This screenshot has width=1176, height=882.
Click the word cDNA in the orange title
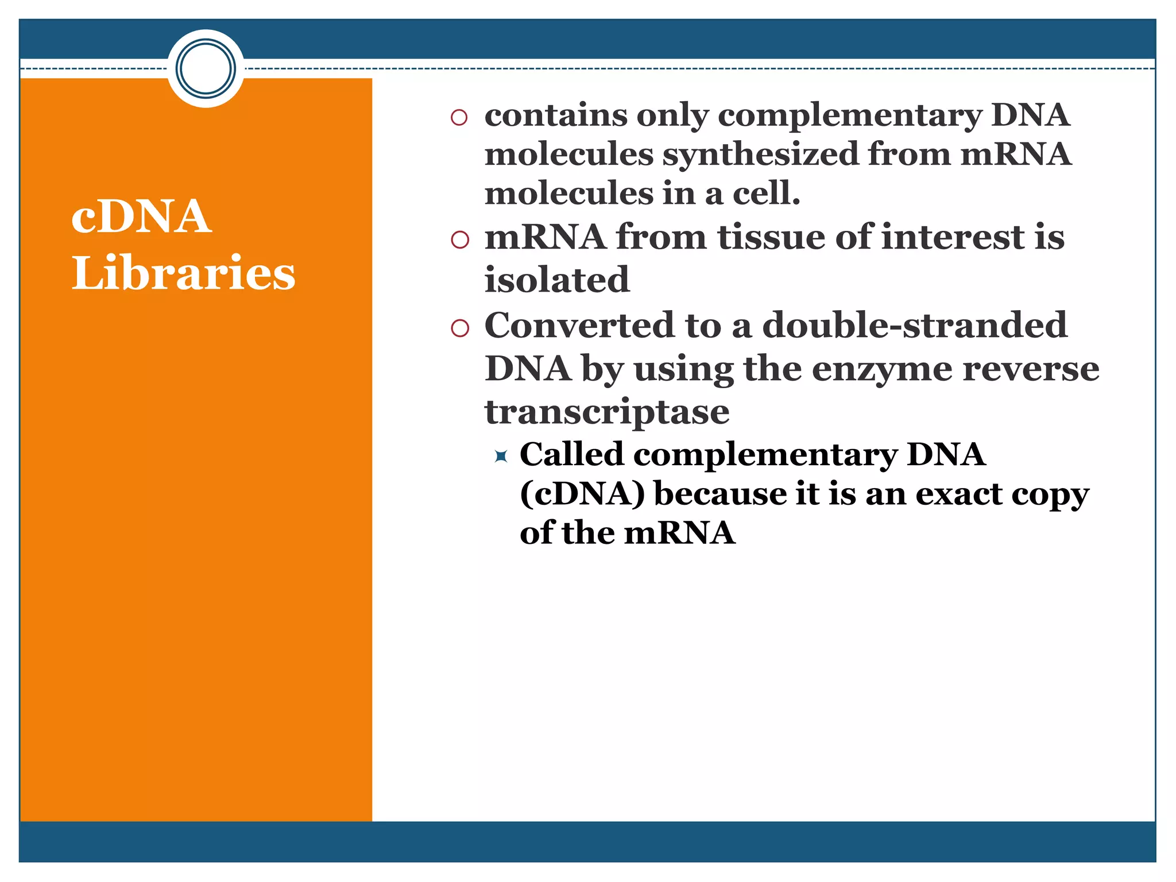[141, 216]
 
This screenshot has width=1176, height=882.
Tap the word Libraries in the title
[183, 273]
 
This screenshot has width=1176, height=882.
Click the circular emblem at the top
[206, 68]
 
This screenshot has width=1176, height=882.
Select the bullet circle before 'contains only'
[459, 118]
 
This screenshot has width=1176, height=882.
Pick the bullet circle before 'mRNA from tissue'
[459, 239]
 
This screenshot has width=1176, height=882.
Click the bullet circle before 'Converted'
[459, 328]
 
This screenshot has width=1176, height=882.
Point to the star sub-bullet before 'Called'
[501, 457]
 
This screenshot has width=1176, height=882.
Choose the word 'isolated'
[557, 280]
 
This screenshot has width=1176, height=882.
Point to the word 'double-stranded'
[914, 325]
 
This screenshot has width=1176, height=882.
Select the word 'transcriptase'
[607, 412]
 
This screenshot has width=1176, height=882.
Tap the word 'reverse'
[1030, 369]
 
